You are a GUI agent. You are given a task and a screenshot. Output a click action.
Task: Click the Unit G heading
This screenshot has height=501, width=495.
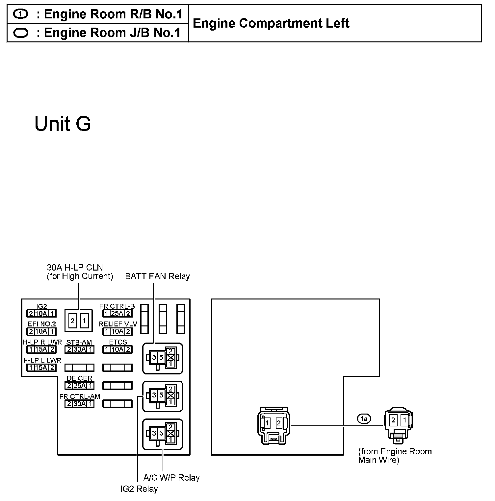pyautogui.click(x=63, y=124)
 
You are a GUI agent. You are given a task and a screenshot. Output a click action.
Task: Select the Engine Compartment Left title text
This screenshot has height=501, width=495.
pyautogui.click(x=271, y=23)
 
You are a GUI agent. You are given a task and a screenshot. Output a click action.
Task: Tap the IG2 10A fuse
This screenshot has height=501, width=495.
pyautogui.click(x=41, y=314)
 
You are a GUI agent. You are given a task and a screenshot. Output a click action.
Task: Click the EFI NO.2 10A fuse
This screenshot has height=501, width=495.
pyautogui.click(x=41, y=331)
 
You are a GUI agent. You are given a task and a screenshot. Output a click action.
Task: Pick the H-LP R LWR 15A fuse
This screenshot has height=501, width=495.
pyautogui.click(x=41, y=349)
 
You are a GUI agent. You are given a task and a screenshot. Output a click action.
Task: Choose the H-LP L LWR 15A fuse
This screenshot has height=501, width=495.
pyautogui.click(x=41, y=368)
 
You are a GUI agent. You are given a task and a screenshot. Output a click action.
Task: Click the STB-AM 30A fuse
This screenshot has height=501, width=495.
pyautogui.click(x=79, y=349)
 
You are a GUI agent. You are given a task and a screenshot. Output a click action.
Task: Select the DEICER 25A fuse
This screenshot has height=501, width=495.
pyautogui.click(x=79, y=386)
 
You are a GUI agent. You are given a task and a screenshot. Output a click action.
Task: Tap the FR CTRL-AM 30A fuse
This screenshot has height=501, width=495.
pyautogui.click(x=79, y=403)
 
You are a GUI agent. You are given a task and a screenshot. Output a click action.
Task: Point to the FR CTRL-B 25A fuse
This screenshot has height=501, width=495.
pyautogui.click(x=117, y=314)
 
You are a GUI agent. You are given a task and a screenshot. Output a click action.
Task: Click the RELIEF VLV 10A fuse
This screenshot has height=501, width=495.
pyautogui.click(x=117, y=331)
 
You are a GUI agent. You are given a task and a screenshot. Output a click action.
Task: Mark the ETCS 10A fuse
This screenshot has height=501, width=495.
pyautogui.click(x=117, y=349)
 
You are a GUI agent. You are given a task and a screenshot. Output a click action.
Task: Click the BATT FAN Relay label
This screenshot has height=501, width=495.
pyautogui.click(x=157, y=276)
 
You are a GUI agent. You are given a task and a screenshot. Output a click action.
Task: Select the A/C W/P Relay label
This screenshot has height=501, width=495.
pyautogui.click(x=171, y=477)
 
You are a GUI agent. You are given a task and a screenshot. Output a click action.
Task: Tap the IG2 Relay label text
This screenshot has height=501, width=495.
pyautogui.click(x=139, y=489)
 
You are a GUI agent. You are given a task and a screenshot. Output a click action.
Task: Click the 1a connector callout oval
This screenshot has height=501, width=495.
pyautogui.click(x=364, y=418)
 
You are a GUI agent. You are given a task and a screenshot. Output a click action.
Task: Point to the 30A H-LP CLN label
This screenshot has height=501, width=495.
pyautogui.click(x=75, y=268)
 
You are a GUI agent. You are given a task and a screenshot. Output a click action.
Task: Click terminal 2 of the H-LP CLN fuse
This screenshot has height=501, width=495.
pyautogui.click(x=73, y=320)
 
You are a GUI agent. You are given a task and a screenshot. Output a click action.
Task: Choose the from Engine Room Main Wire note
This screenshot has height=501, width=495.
pyautogui.click(x=395, y=456)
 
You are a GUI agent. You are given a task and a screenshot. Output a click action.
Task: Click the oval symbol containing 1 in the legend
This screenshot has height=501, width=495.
pyautogui.click(x=21, y=14)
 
